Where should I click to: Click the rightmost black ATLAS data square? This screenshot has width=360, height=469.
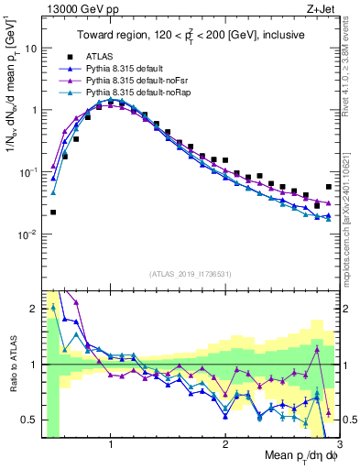click(x=328, y=187)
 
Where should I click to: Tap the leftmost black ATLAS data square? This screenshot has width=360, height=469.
click(x=53, y=212)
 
